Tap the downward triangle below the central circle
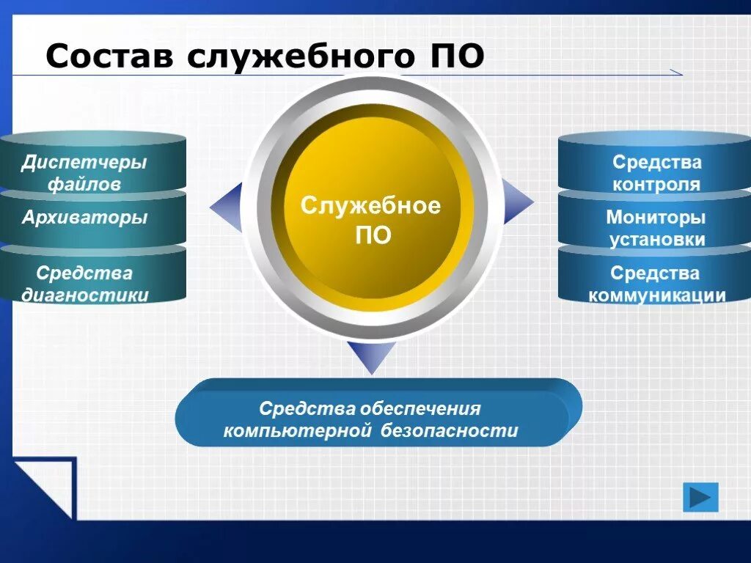point(371,356)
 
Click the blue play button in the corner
point(700,498)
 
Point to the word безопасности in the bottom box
point(449,431)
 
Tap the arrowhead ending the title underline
point(676,72)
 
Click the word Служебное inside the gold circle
point(370,206)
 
